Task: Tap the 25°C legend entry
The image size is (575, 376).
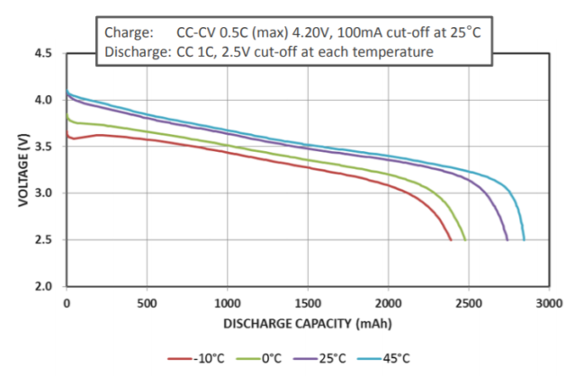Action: coord(332,358)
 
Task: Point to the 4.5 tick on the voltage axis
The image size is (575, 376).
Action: coord(43,53)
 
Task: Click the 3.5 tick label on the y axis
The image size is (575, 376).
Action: coord(43,147)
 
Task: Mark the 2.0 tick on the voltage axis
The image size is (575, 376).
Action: coord(43,287)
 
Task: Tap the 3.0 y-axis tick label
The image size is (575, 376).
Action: coord(43,193)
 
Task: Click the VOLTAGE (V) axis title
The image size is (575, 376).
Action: coord(20,170)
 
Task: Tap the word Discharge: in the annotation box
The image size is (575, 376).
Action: coord(136,52)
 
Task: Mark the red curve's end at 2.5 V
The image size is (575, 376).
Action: coord(452,240)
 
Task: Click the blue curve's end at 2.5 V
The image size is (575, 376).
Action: coord(524,240)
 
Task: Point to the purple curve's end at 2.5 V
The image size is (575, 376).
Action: coord(508,240)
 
